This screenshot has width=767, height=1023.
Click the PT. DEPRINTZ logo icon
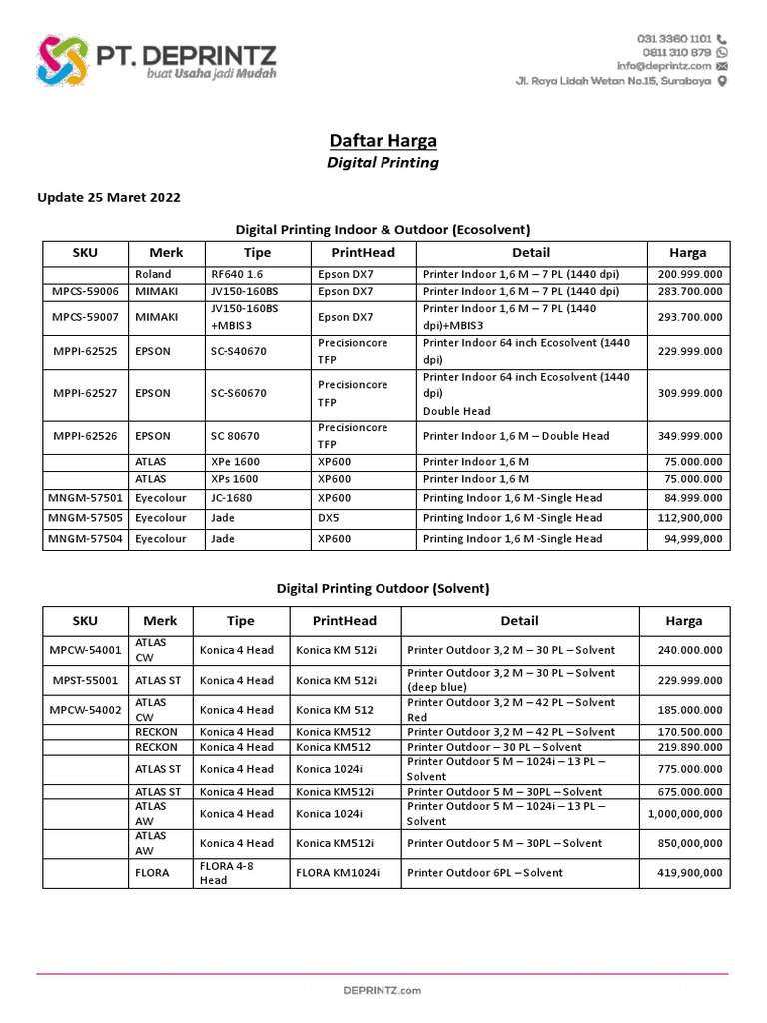click(x=63, y=60)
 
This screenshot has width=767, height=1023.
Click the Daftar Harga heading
click(x=383, y=140)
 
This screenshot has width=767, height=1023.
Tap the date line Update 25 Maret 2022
click(x=109, y=197)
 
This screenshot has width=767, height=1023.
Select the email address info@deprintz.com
click(x=663, y=66)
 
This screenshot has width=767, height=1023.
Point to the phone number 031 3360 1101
click(x=673, y=38)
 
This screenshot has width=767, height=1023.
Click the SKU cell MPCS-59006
click(x=84, y=291)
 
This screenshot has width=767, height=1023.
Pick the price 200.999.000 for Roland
click(x=690, y=274)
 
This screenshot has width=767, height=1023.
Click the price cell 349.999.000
click(x=690, y=436)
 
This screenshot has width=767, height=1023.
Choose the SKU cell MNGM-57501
click(x=84, y=498)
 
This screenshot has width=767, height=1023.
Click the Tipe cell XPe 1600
click(x=235, y=462)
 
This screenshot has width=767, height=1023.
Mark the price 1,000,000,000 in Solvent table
click(x=685, y=813)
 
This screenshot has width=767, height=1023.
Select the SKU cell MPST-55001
click(x=84, y=680)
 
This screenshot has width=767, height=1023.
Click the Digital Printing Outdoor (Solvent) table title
click(x=383, y=588)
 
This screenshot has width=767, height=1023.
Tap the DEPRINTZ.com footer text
click(x=383, y=990)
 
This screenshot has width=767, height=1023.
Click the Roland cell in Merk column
click(x=152, y=274)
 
